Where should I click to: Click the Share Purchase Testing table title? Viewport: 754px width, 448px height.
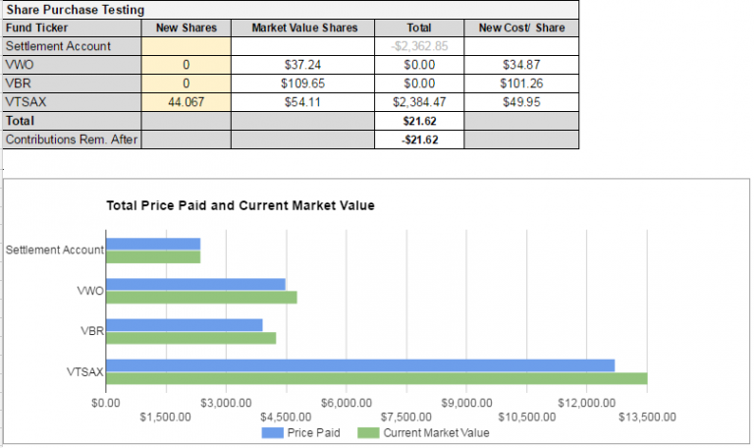76,10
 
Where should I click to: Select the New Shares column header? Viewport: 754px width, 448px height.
186,28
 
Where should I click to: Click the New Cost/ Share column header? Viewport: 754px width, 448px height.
521,28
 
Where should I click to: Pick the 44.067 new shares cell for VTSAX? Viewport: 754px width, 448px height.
186,101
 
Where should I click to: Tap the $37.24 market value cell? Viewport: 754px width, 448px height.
304,65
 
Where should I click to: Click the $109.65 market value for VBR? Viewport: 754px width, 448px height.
304,84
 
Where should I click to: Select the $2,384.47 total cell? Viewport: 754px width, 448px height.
420,101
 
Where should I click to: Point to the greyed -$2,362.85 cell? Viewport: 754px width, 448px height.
420,46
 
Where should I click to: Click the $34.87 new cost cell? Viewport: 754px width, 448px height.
521,65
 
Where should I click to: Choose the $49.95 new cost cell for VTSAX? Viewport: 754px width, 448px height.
521,101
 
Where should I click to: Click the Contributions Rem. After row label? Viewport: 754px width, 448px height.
71,140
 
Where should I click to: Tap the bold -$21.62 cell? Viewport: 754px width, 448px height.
420,140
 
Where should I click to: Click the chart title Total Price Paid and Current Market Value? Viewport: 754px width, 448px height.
241,206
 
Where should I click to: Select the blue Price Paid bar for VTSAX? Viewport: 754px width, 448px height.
359,365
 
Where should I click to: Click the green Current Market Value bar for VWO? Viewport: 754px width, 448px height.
201,298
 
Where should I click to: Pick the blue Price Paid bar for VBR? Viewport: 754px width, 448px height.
184,325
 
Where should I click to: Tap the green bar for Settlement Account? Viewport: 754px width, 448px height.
153,257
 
